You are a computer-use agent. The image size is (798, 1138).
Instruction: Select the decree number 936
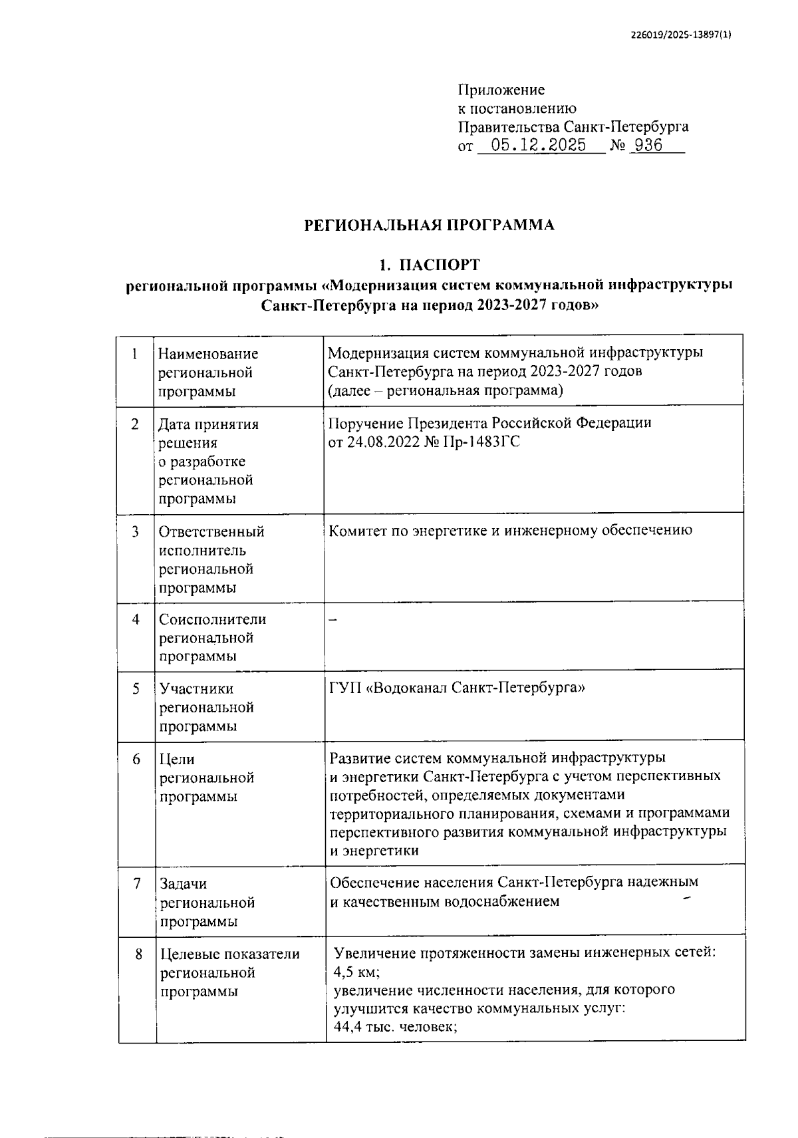(x=648, y=146)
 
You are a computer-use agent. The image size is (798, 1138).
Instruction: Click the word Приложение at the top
(x=501, y=90)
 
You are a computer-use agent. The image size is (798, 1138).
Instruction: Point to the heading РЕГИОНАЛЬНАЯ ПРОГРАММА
(x=429, y=225)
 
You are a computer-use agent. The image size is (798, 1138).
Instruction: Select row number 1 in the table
(x=135, y=354)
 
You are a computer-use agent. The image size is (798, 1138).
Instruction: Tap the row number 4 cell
(x=136, y=619)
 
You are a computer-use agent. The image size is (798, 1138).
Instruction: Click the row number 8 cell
(x=138, y=954)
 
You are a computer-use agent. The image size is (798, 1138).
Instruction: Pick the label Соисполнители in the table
(x=212, y=619)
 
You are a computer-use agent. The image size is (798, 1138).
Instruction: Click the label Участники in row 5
(x=196, y=689)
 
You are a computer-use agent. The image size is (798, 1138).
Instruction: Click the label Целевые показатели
(x=230, y=954)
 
